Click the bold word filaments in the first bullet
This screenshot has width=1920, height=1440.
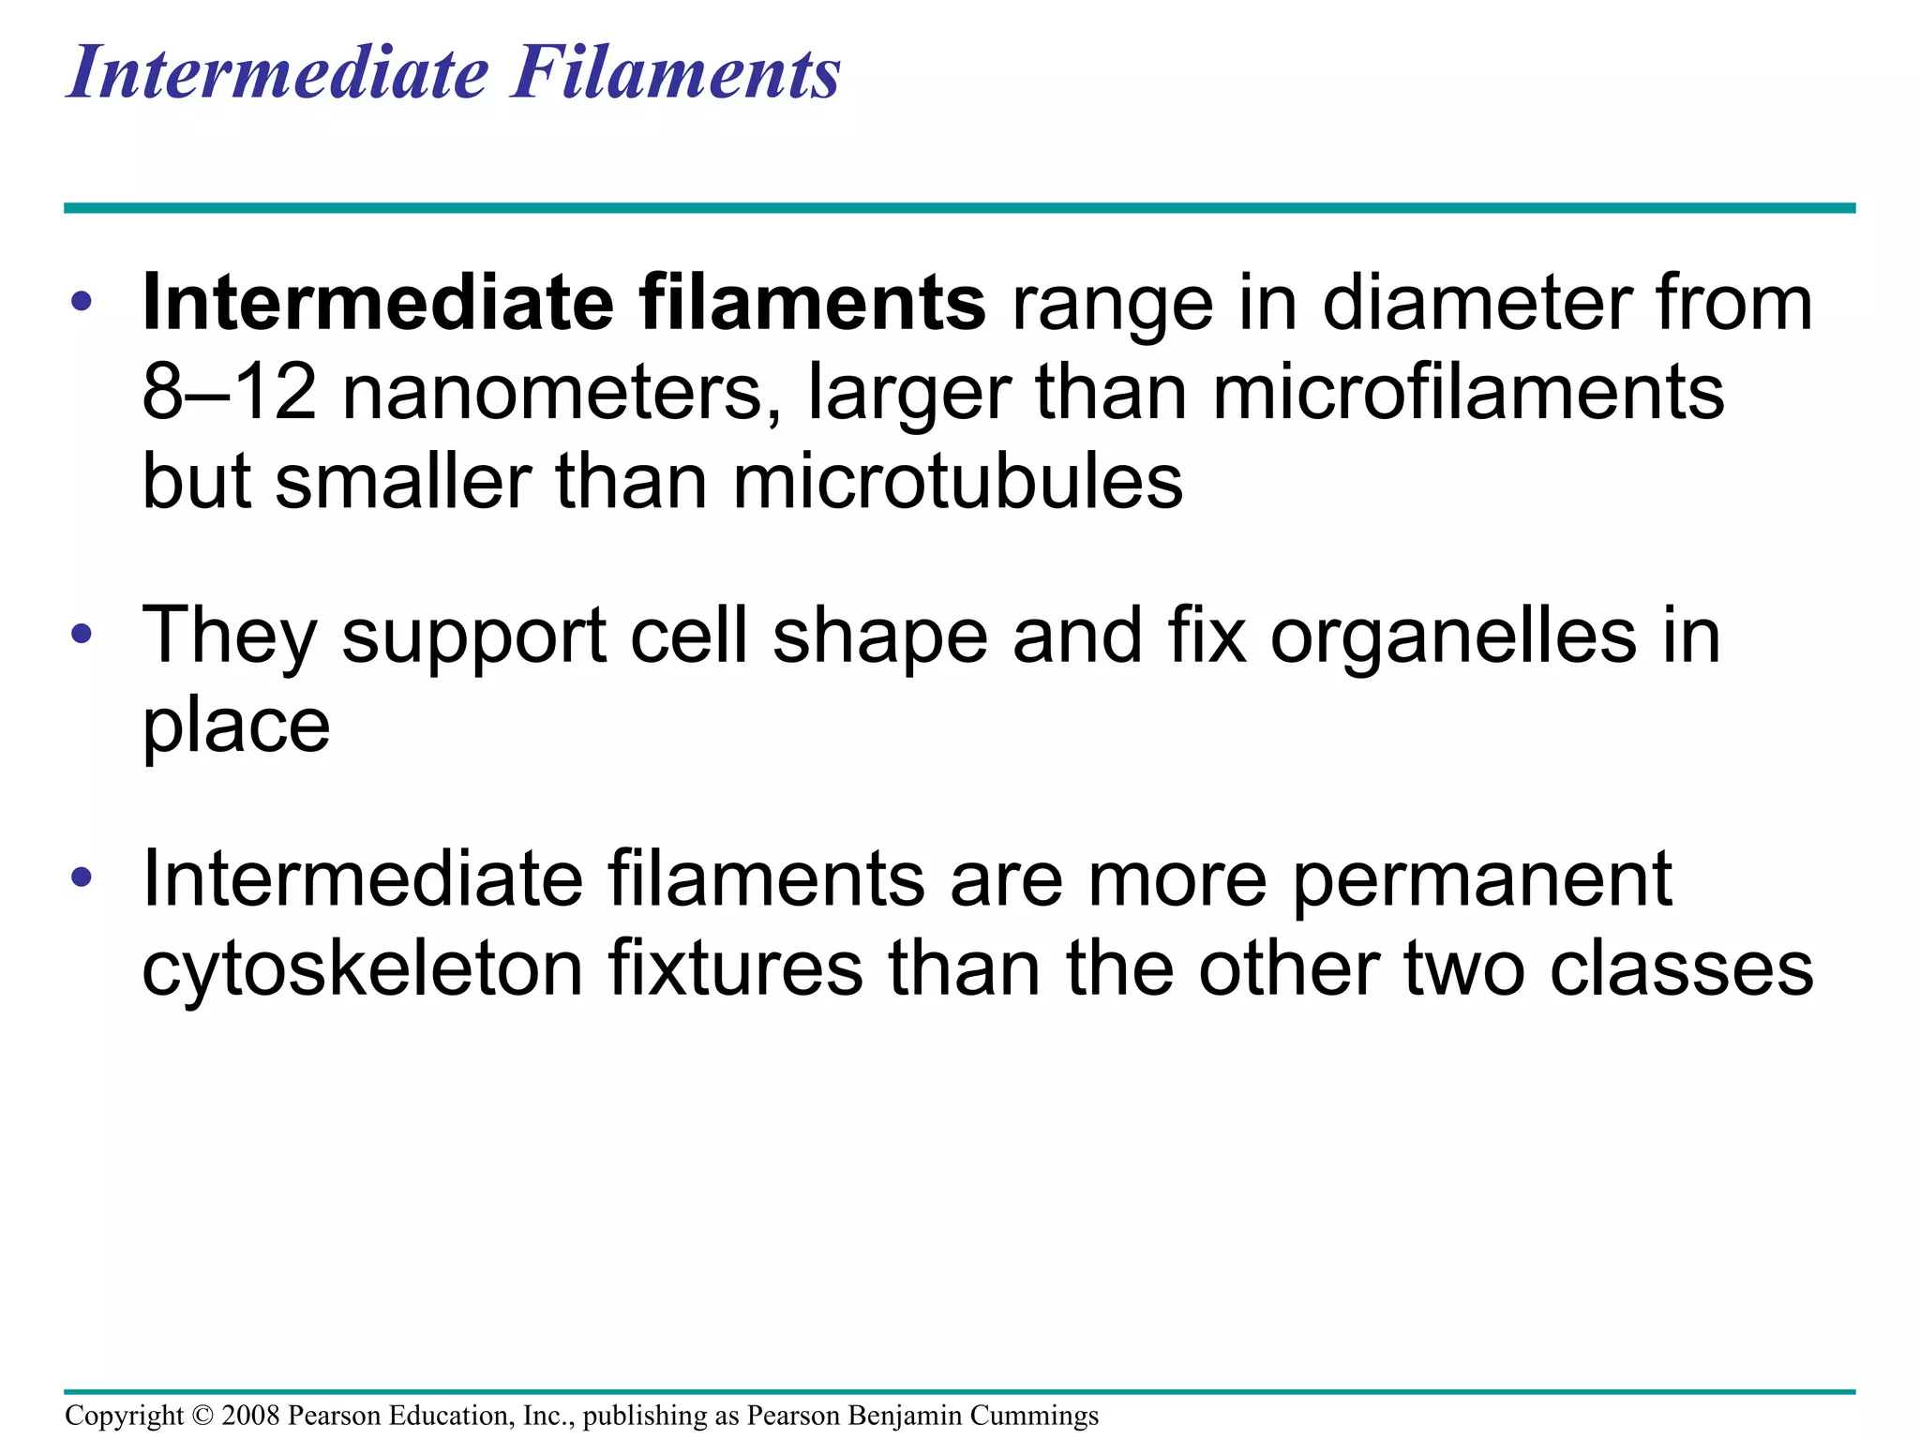(x=812, y=304)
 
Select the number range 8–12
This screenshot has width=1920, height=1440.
(x=229, y=393)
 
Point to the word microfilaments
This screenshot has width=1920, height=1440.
(x=1468, y=393)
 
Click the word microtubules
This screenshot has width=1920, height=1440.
(x=957, y=482)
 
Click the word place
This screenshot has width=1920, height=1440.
(x=236, y=727)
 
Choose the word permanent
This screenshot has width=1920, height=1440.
(x=1481, y=879)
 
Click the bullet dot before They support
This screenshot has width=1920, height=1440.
(x=82, y=634)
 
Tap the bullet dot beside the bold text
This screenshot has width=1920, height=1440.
(x=82, y=302)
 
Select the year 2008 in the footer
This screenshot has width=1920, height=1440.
(x=251, y=1416)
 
